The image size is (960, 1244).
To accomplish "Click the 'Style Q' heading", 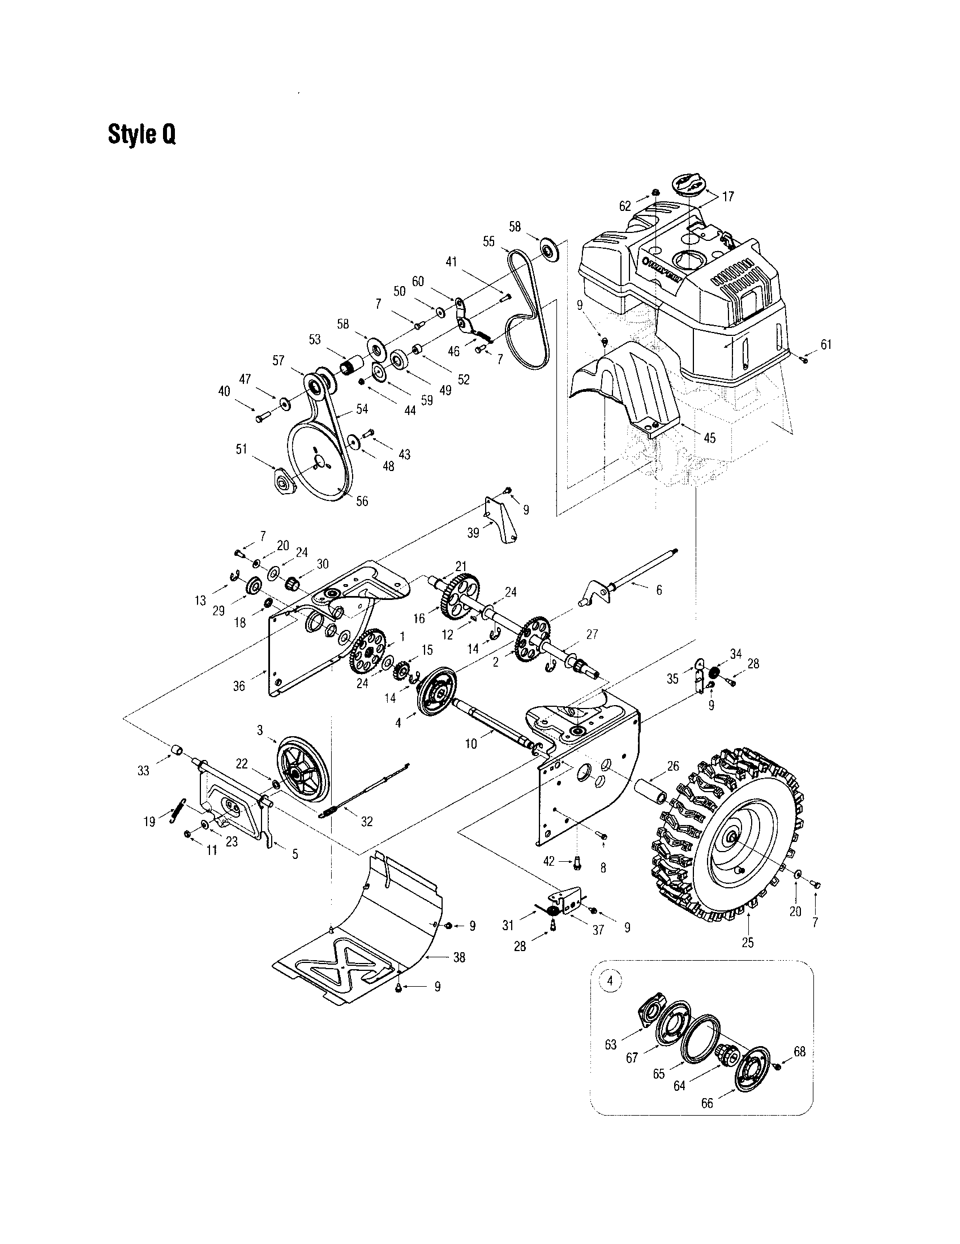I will tap(142, 135).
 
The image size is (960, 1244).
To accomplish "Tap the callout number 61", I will tap(826, 344).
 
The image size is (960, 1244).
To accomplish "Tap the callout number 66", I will tap(707, 1103).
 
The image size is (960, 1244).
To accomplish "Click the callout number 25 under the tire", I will tap(747, 942).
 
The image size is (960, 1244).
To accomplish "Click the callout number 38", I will tap(459, 957).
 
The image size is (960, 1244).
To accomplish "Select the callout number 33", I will tap(143, 771).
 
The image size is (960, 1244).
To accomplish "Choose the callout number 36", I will tap(239, 686).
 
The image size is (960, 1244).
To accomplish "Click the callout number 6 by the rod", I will tap(659, 590).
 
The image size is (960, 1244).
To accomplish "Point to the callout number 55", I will tap(488, 241).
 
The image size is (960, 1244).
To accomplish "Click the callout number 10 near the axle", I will tap(471, 744).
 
